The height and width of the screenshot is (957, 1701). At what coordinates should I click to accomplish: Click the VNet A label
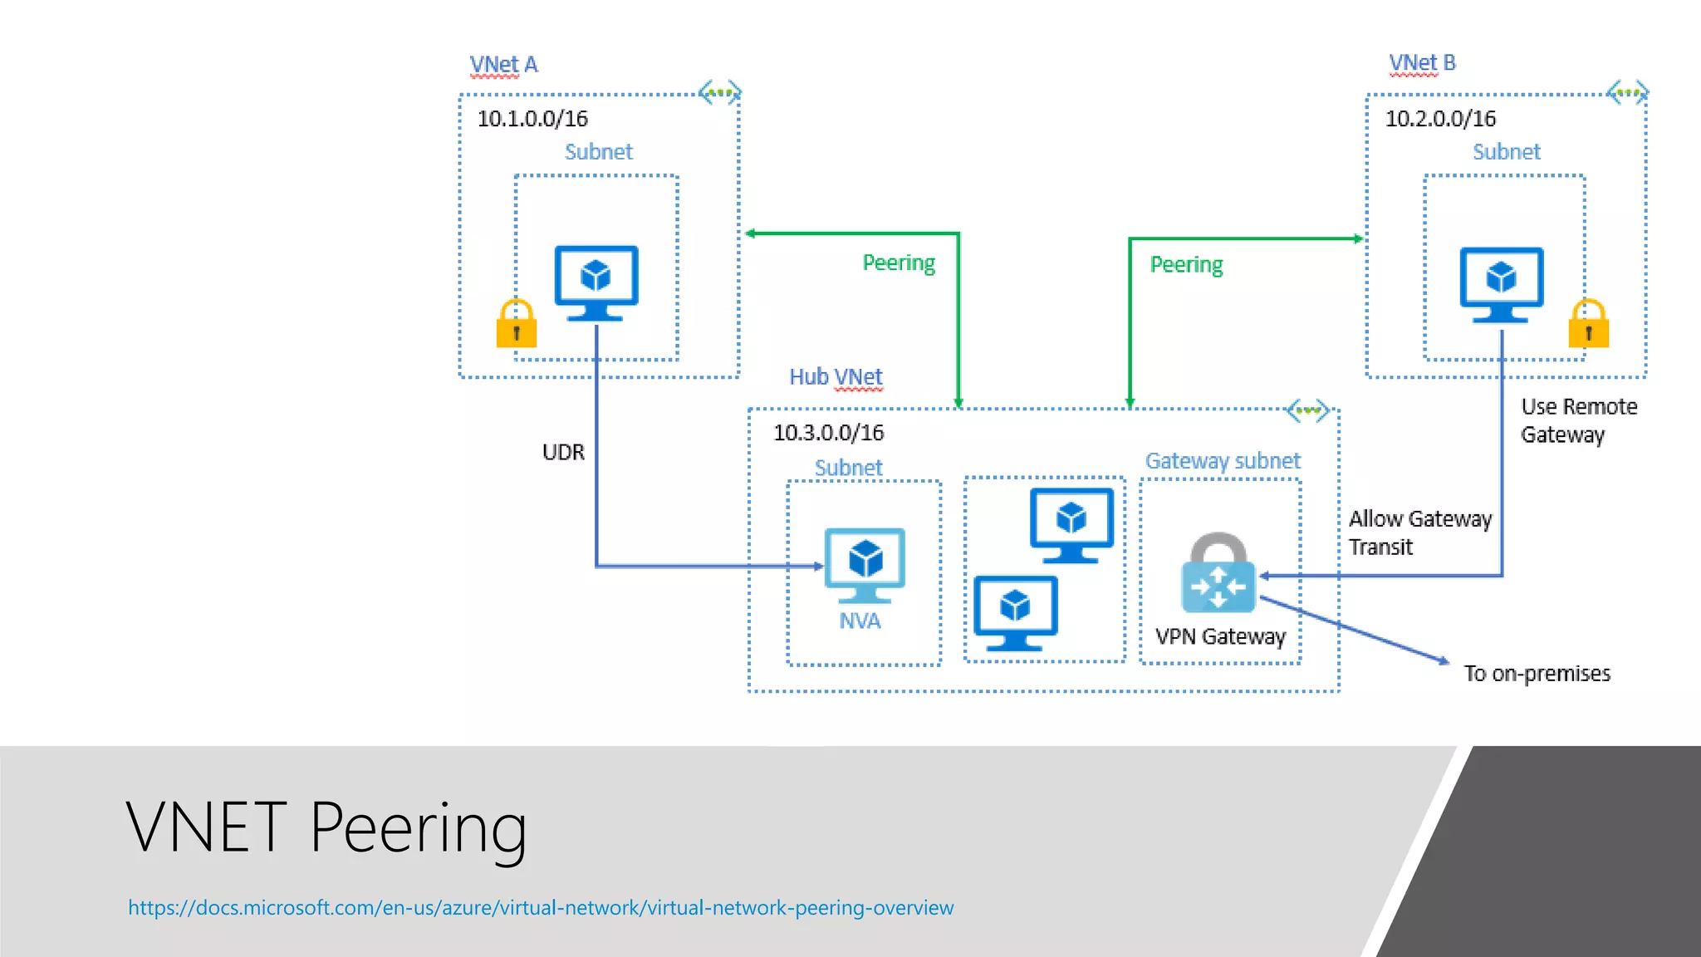coord(503,64)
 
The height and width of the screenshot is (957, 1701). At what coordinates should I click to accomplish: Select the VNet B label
coord(1422,62)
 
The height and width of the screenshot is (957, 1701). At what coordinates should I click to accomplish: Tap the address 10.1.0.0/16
coord(532,119)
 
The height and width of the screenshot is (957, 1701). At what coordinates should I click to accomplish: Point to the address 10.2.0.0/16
coord(1440,119)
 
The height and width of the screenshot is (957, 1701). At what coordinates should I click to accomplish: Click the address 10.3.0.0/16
coord(828,433)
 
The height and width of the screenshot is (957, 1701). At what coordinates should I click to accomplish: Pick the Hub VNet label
coord(836,377)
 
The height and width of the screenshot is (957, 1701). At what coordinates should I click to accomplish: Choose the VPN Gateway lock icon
coord(1218,573)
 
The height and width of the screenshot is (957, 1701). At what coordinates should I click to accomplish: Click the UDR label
coord(563,453)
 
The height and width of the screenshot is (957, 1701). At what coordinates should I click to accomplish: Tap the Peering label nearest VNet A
coord(899,263)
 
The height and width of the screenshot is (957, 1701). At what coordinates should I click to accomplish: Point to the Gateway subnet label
coord(1223,461)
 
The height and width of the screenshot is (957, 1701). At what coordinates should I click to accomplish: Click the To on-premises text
coord(1537,674)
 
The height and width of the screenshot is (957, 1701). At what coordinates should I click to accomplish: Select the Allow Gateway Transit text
coord(1419,532)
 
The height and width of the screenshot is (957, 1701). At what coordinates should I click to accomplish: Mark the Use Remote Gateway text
coord(1578,420)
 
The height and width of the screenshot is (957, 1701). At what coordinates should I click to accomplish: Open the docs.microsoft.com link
coord(541,908)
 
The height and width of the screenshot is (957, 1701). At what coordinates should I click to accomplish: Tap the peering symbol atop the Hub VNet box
coord(1307,410)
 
